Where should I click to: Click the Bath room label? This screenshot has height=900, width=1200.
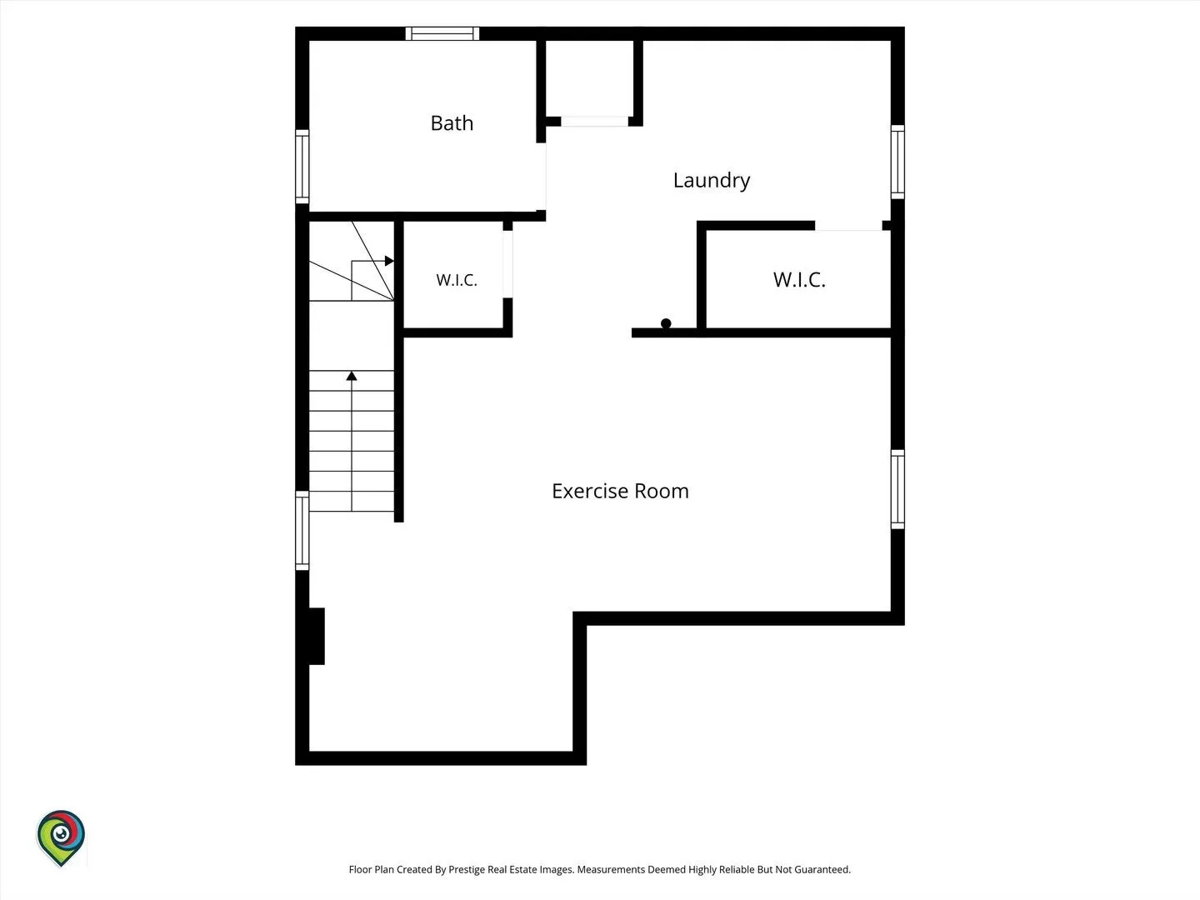452,123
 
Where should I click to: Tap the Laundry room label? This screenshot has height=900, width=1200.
712,180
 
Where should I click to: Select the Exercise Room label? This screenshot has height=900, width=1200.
620,491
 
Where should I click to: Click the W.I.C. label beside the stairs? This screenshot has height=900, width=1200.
457,280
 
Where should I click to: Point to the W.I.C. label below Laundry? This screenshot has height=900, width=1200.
798,280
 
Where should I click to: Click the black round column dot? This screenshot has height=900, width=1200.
666,323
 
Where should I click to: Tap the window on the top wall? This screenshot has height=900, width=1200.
442,33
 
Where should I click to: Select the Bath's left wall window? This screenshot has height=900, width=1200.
302,167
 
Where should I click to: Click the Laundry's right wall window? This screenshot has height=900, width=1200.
897,162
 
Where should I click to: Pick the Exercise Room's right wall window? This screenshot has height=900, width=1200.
897,489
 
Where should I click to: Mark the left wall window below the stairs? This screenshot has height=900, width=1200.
302,531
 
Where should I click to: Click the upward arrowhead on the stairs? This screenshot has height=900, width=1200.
352,376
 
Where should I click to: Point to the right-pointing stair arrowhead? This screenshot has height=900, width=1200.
389,261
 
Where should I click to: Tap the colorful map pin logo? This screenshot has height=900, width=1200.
61,837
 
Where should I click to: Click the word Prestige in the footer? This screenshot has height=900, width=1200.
467,869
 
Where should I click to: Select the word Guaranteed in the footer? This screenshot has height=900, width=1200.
822,869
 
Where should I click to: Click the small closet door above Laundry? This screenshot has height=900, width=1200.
594,122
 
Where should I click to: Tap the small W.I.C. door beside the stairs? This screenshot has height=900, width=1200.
507,264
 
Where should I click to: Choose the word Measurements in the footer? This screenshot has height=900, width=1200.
611,869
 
